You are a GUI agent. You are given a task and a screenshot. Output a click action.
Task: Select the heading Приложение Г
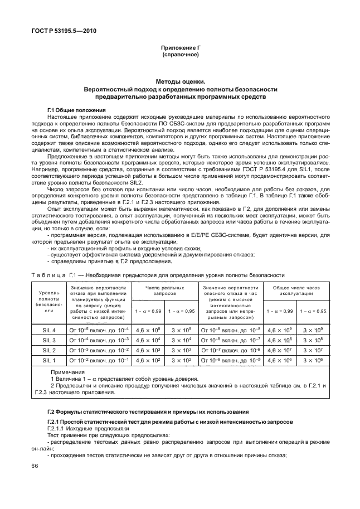tap(181, 48)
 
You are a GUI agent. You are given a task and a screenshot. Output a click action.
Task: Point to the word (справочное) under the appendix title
tap(181, 55)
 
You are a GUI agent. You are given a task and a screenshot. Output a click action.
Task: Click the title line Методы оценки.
tap(181, 81)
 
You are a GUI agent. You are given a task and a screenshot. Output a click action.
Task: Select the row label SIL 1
tap(48, 361)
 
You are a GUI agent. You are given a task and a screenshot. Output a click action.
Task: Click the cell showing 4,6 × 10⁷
tap(279, 351)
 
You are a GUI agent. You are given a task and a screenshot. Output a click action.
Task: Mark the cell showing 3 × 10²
tap(182, 361)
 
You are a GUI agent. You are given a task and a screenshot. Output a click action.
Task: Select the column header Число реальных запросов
tap(165, 290)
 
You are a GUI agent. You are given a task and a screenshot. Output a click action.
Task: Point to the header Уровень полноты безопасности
tap(48, 301)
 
